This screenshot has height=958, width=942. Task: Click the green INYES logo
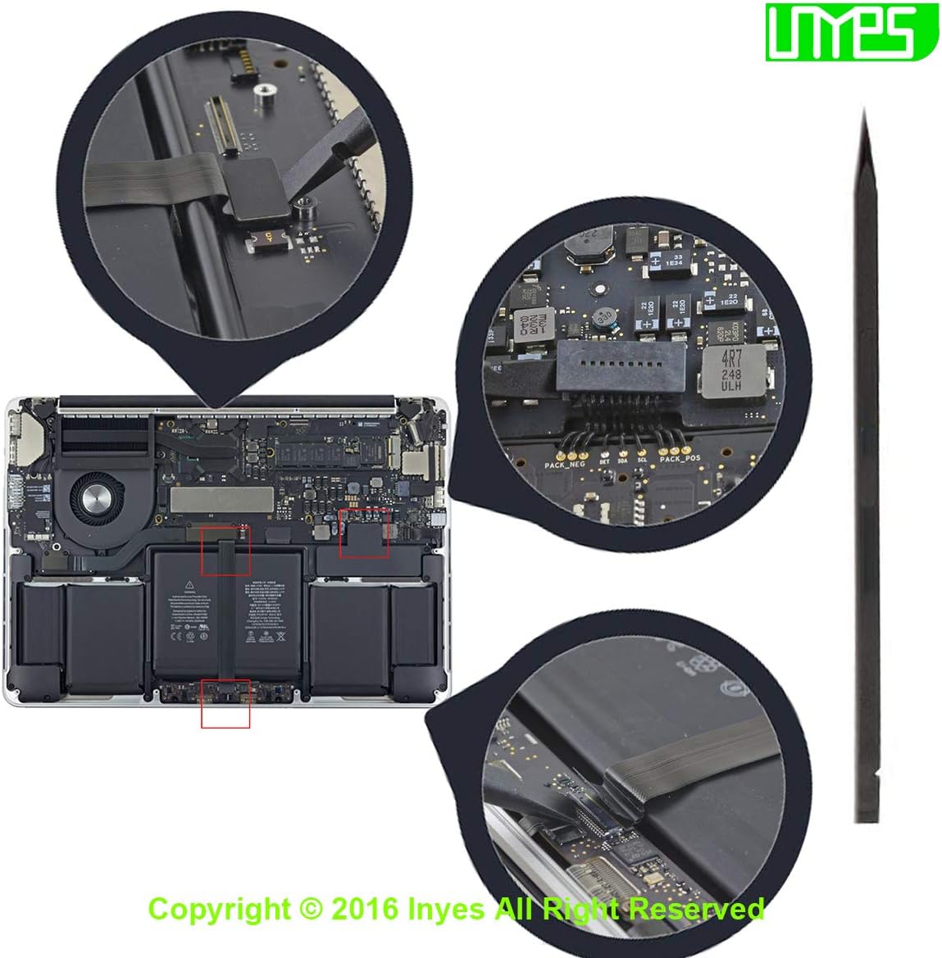coord(851,30)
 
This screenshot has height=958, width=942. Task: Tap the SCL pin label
coord(642,461)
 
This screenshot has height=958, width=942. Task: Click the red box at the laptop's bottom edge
coord(225,703)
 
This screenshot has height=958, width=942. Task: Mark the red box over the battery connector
coord(364,533)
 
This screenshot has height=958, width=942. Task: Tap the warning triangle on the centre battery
coord(189,584)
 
